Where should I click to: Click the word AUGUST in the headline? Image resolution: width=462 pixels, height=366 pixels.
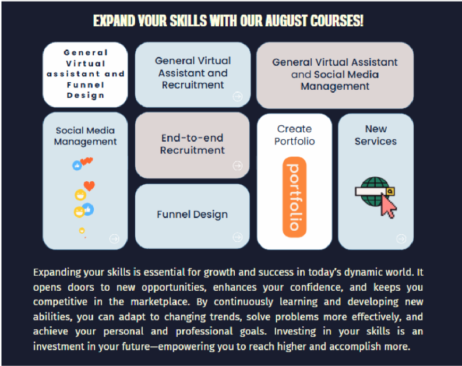(x=284, y=22)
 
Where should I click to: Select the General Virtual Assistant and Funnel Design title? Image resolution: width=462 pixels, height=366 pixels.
(x=86, y=74)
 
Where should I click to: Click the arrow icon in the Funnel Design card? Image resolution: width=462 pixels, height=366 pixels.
(x=237, y=237)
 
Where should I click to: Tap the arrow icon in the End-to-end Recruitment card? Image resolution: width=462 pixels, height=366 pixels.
(x=237, y=166)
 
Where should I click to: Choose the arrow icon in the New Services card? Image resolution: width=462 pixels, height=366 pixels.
(x=401, y=238)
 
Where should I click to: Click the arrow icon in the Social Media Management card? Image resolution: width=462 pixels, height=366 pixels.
(x=114, y=238)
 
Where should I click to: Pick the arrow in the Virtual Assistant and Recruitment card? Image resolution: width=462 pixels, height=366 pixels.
(x=237, y=96)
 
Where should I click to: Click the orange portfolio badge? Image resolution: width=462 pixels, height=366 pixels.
(x=294, y=197)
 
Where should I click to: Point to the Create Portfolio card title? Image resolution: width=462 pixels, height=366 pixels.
(x=294, y=135)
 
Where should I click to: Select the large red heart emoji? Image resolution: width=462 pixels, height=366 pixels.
(x=89, y=186)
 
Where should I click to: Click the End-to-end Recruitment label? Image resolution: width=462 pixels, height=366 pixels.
(x=192, y=144)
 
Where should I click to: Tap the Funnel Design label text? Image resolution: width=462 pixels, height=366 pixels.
(x=192, y=214)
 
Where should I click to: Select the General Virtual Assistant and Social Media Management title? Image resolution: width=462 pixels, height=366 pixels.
(x=335, y=74)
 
